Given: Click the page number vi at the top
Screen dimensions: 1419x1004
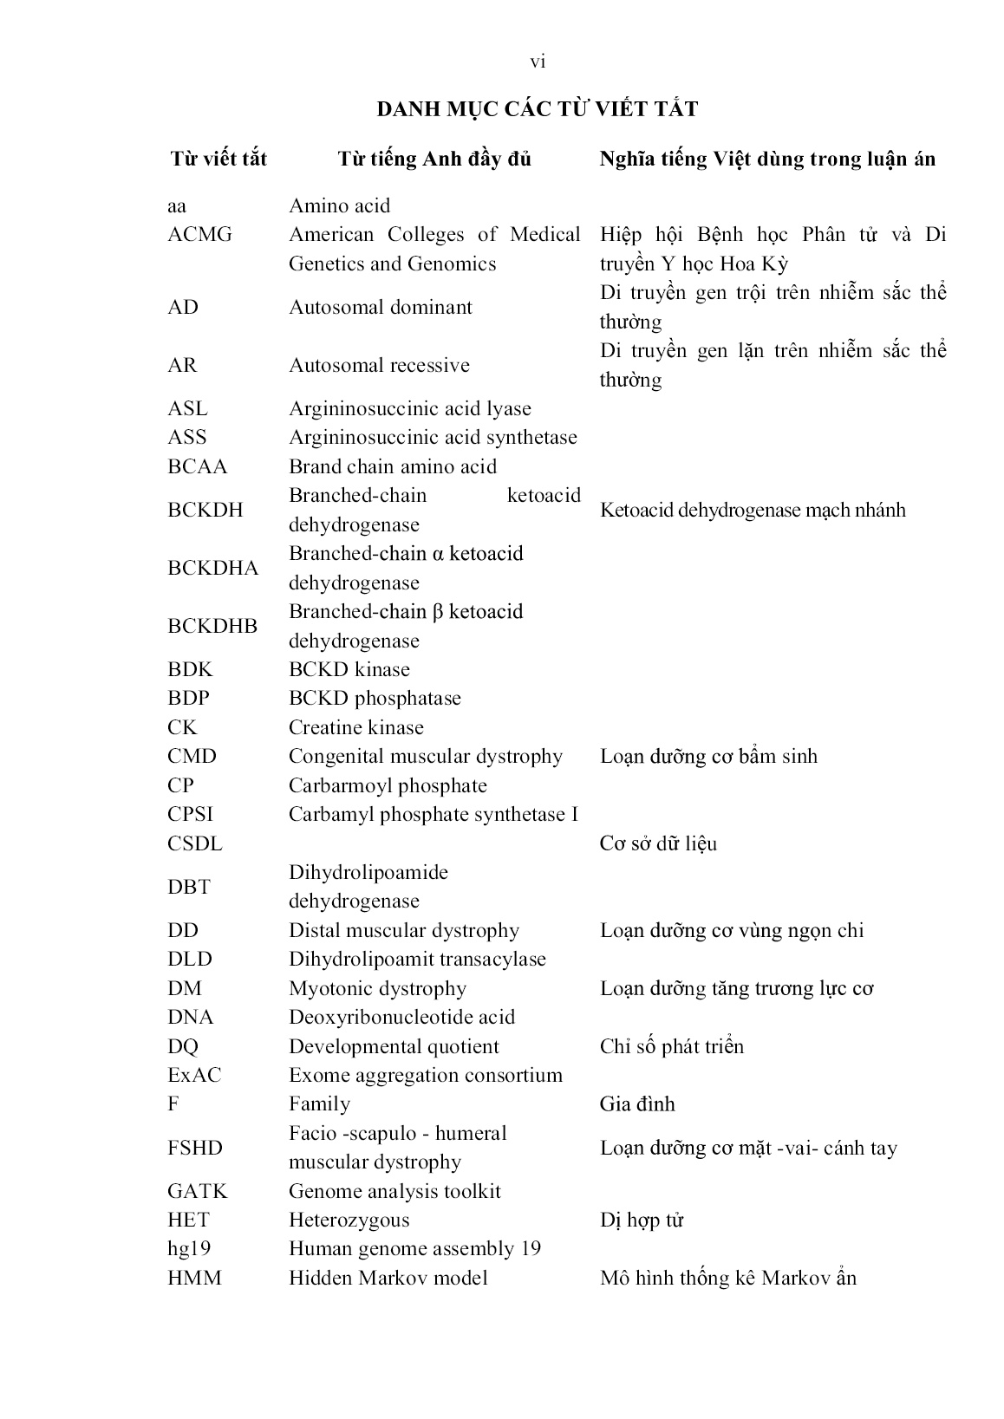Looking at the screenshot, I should [538, 62].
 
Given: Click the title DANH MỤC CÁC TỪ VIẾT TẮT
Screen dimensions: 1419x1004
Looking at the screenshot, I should [537, 109].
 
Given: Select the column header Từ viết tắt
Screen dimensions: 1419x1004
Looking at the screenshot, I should [218, 159].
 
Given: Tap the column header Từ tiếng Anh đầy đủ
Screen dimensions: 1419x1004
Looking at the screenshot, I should [434, 159].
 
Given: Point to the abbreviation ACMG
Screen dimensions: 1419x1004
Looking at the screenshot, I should [199, 235].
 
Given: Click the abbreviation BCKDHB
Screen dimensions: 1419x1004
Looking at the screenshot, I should [212, 626].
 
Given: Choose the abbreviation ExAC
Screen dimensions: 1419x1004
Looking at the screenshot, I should [194, 1075].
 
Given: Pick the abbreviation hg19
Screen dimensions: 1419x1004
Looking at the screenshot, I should [189, 1248].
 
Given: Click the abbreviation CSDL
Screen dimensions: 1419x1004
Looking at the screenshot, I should [194, 843].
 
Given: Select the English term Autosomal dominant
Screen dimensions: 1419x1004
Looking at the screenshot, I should [381, 307].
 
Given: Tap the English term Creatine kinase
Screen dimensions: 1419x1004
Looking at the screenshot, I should [356, 727].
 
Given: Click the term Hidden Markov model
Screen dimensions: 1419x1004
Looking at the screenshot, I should [388, 1278].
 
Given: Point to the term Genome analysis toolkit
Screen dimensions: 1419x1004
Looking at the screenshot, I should [394, 1191].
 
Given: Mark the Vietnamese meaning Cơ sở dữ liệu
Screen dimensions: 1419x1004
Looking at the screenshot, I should [658, 843].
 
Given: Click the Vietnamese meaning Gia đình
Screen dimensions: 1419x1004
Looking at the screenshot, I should [637, 1104].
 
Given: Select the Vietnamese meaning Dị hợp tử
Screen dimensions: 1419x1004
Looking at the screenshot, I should [642, 1220].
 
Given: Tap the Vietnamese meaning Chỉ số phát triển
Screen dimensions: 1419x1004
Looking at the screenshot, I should [672, 1046].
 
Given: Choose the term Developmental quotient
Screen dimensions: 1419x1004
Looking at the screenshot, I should [394, 1046].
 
